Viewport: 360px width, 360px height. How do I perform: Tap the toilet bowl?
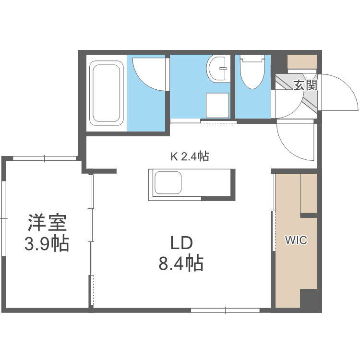(x=252, y=72)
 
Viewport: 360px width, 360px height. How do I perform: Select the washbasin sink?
(x=218, y=70)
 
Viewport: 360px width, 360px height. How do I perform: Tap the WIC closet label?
(x=296, y=240)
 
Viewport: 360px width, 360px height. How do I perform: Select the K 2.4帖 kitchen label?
(x=190, y=156)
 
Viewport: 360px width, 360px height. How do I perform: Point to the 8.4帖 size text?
(x=181, y=264)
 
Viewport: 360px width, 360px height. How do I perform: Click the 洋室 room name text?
(x=47, y=223)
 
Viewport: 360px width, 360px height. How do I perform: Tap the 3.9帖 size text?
(x=47, y=244)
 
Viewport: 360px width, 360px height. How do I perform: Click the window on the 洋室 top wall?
(x=44, y=158)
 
